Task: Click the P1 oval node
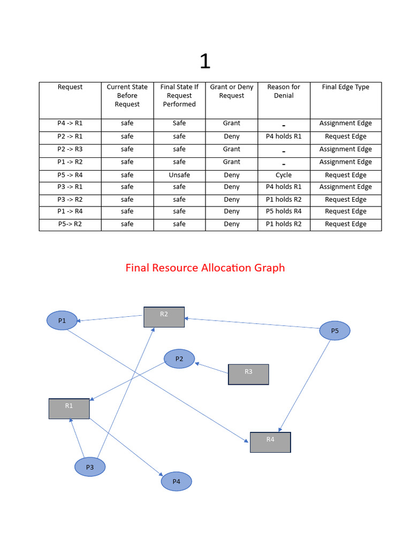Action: coord(62,321)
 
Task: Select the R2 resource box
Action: coord(164,317)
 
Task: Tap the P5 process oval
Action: coord(334,331)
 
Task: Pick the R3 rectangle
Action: coord(248,374)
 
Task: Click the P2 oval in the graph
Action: coord(179,359)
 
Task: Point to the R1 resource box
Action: coord(69,408)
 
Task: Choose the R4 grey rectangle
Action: coord(270,442)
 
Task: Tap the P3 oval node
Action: coord(90,467)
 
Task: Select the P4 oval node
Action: coord(176,482)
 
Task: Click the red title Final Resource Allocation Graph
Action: coord(205,268)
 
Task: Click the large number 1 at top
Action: coord(205,62)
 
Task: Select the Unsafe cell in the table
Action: coord(179,175)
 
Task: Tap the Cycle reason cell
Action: coord(284,175)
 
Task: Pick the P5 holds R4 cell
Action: coord(284,211)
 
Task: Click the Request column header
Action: coord(70,87)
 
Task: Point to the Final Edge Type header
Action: coord(345,87)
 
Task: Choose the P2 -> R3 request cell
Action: coord(70,149)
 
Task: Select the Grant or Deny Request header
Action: coord(231,92)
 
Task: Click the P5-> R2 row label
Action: coord(70,224)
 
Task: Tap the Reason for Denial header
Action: coord(284,92)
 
